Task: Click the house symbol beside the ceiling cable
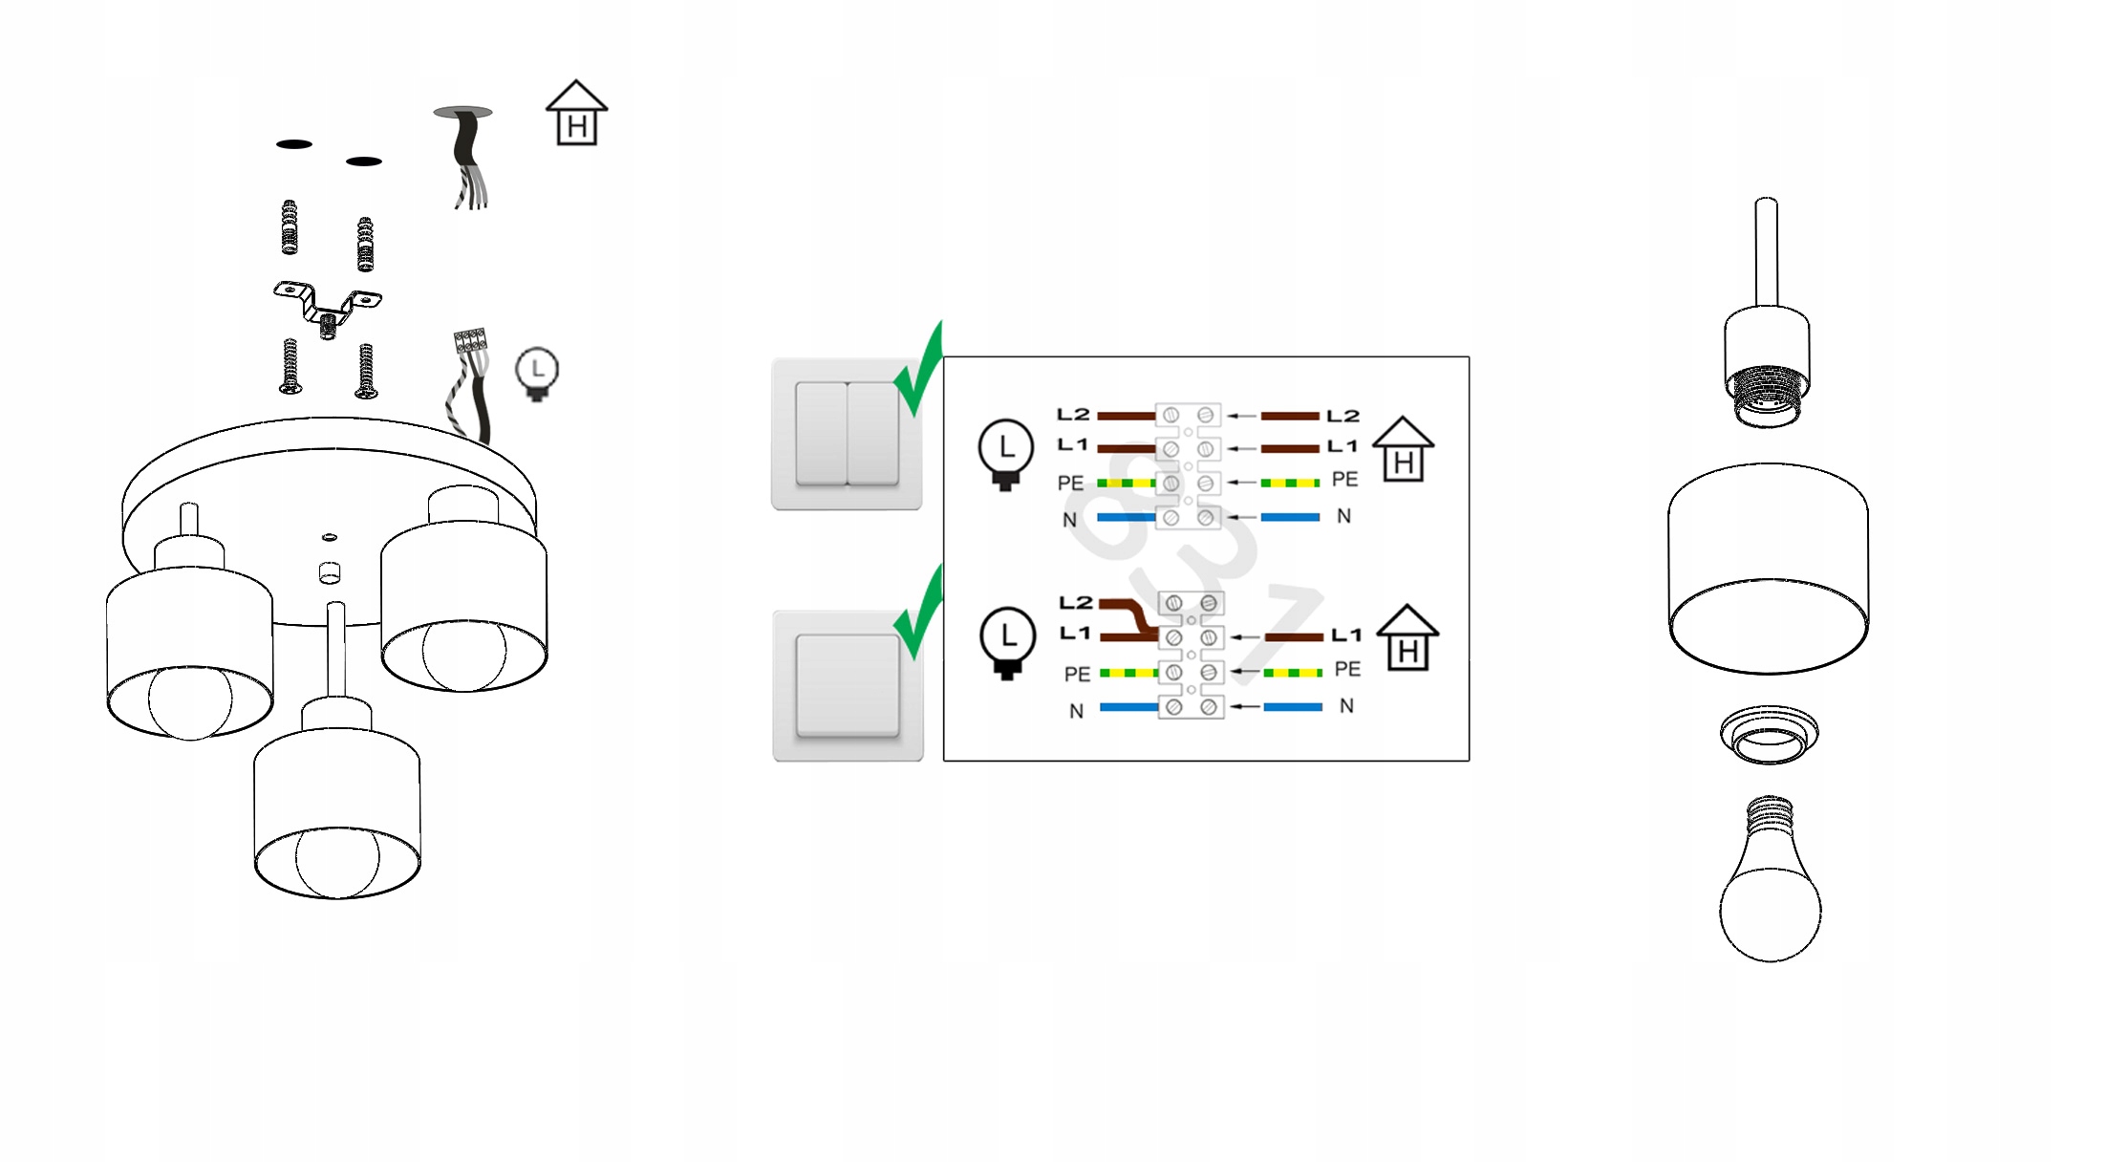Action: (x=576, y=114)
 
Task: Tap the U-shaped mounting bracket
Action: (x=328, y=303)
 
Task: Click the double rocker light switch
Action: (x=847, y=434)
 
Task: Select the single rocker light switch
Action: (x=848, y=686)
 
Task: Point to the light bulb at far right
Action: (x=1770, y=884)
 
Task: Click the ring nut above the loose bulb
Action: (x=1769, y=735)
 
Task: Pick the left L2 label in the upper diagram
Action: (x=1073, y=415)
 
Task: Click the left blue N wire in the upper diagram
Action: (x=1126, y=517)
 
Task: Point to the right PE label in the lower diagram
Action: (x=1347, y=669)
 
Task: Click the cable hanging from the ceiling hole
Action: (x=467, y=158)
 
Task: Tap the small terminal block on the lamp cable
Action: (x=470, y=340)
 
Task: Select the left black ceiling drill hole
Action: (x=294, y=144)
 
